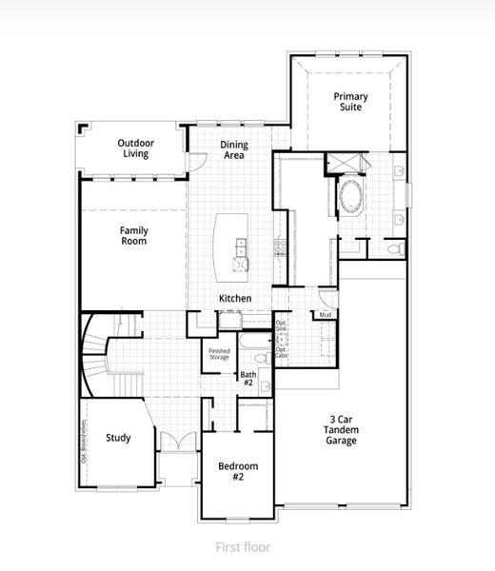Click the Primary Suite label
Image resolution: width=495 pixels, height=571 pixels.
350,102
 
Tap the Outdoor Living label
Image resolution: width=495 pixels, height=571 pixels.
136,148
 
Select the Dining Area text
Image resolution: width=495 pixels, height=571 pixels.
234,149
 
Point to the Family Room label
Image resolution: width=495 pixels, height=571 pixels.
133,235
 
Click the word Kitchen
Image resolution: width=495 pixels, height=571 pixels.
235,299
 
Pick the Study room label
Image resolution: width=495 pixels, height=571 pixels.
118,438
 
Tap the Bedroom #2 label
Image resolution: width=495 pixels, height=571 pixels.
238,471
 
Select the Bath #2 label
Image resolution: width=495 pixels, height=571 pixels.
248,378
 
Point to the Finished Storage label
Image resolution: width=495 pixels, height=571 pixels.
219,355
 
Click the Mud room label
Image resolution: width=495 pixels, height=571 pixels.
325,315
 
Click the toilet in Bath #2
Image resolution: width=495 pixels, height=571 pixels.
266,387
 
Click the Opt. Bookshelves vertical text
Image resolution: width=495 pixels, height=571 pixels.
84,440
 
